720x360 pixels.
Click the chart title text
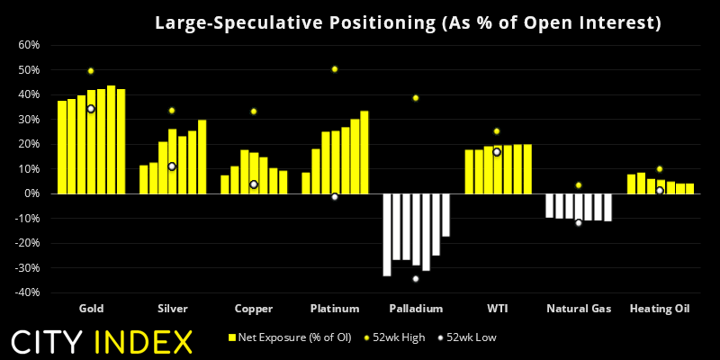click(x=408, y=22)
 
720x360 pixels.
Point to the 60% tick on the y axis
click(x=27, y=45)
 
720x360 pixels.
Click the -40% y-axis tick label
click(x=25, y=292)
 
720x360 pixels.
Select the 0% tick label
click(x=31, y=193)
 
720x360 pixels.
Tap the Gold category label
click(x=91, y=309)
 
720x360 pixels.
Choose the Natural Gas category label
click(x=579, y=309)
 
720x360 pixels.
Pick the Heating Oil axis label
click(x=659, y=309)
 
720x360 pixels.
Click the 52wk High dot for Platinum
click(x=335, y=69)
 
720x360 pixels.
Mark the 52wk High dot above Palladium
click(x=416, y=98)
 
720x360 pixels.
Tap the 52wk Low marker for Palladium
click(x=416, y=278)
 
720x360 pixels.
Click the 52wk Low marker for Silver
click(x=172, y=166)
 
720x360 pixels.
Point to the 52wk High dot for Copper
click(x=254, y=112)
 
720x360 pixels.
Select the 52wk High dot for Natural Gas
click(x=579, y=185)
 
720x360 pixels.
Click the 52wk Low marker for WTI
click(x=497, y=152)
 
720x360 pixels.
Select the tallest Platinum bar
click(x=364, y=152)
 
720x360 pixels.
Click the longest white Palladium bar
click(x=387, y=235)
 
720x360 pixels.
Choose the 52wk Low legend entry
click(x=469, y=337)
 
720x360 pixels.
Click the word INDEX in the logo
click(x=147, y=342)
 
